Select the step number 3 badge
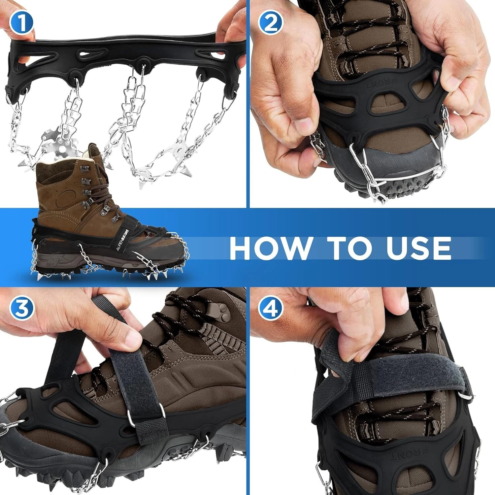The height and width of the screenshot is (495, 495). pyautogui.click(x=21, y=309)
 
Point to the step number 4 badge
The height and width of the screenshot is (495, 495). pyautogui.click(x=271, y=309)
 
